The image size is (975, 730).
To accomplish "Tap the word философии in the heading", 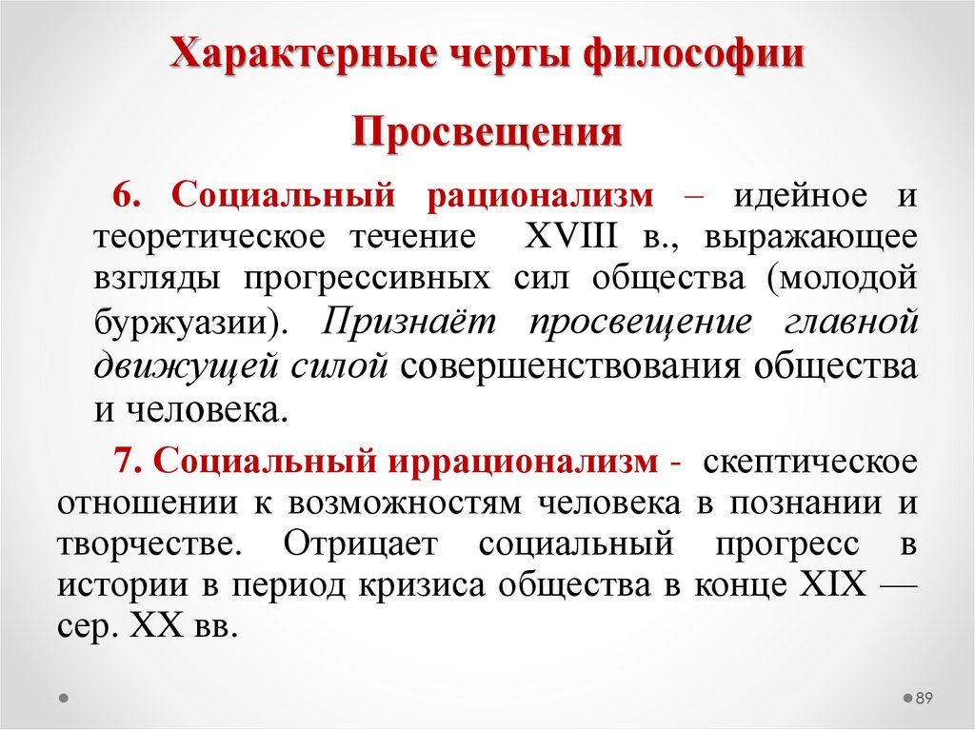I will coord(693,54).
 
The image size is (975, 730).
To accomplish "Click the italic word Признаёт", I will coord(411,322).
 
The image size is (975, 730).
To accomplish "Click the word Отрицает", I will coord(360,545).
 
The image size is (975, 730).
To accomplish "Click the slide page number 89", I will coord(924,699).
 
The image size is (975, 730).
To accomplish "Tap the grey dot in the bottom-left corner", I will coord(63,698).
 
